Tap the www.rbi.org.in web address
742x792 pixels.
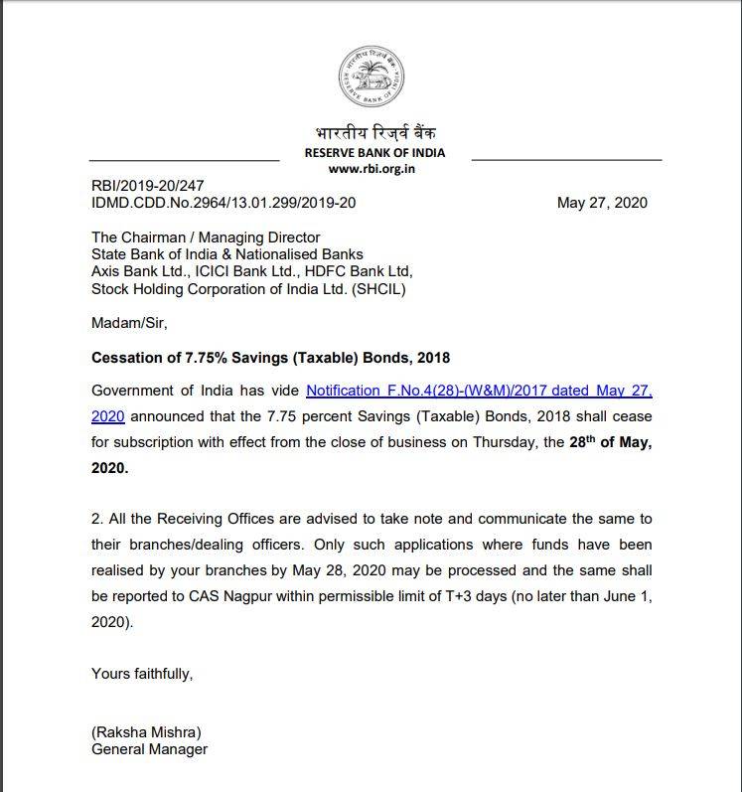(371, 168)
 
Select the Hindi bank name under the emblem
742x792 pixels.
(374, 134)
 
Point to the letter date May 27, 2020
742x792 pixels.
(602, 203)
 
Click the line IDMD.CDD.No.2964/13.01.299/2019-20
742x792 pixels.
(223, 203)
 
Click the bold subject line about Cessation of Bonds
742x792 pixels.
(271, 357)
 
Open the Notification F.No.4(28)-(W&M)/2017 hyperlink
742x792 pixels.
(479, 392)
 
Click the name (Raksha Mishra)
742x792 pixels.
(146, 732)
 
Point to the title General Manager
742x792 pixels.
(150, 749)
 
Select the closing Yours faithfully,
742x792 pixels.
(142, 673)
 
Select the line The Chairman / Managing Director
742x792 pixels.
(206, 238)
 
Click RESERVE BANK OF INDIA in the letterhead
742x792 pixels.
(374, 153)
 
